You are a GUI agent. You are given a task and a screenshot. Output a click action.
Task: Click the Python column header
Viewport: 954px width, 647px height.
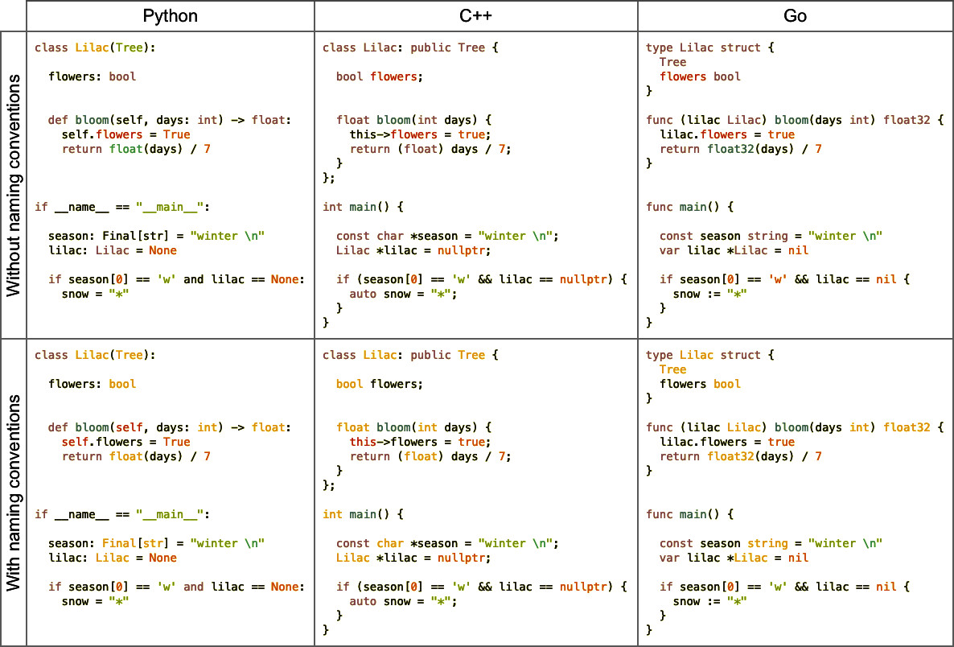pyautogui.click(x=170, y=16)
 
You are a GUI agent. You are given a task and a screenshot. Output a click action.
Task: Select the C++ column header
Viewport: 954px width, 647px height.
pyautogui.click(x=475, y=16)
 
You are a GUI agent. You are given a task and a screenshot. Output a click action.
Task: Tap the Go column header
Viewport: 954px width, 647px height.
pyautogui.click(x=795, y=16)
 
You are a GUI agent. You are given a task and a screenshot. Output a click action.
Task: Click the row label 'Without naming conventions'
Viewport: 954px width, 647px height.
pyautogui.click(x=14, y=185)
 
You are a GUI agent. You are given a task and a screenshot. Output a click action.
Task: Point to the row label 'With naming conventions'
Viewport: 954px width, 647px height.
pyautogui.click(x=14, y=492)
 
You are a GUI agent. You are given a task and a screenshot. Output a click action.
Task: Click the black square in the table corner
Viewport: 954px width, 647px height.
pyautogui.click(x=13, y=15)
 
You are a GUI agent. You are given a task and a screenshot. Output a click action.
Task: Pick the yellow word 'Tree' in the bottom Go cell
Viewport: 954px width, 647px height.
pyautogui.click(x=672, y=369)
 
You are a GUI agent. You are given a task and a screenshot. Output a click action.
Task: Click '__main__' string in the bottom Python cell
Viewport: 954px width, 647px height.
pyautogui.click(x=173, y=514)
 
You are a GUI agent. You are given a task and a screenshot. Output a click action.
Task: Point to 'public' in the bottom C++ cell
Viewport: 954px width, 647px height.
pyautogui.click(x=430, y=355)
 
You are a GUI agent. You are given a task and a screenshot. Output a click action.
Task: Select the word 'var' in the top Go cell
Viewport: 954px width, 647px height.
pyautogui.click(x=669, y=250)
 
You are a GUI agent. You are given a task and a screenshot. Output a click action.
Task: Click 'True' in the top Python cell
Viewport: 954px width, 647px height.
pyautogui.click(x=176, y=134)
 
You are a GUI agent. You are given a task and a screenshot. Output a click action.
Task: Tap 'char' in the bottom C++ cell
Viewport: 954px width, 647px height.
pyautogui.click(x=390, y=543)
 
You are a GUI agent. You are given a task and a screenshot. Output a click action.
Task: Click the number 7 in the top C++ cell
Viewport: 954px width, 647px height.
pyautogui.click(x=504, y=149)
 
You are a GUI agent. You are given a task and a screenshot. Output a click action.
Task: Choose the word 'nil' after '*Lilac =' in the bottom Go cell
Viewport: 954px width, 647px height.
pyautogui.click(x=798, y=558)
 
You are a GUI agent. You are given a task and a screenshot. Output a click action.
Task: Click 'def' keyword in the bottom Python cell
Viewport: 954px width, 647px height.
pyautogui.click(x=58, y=427)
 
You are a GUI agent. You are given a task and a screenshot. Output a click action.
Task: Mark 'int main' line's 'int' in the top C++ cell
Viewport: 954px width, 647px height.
pyautogui.click(x=332, y=207)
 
